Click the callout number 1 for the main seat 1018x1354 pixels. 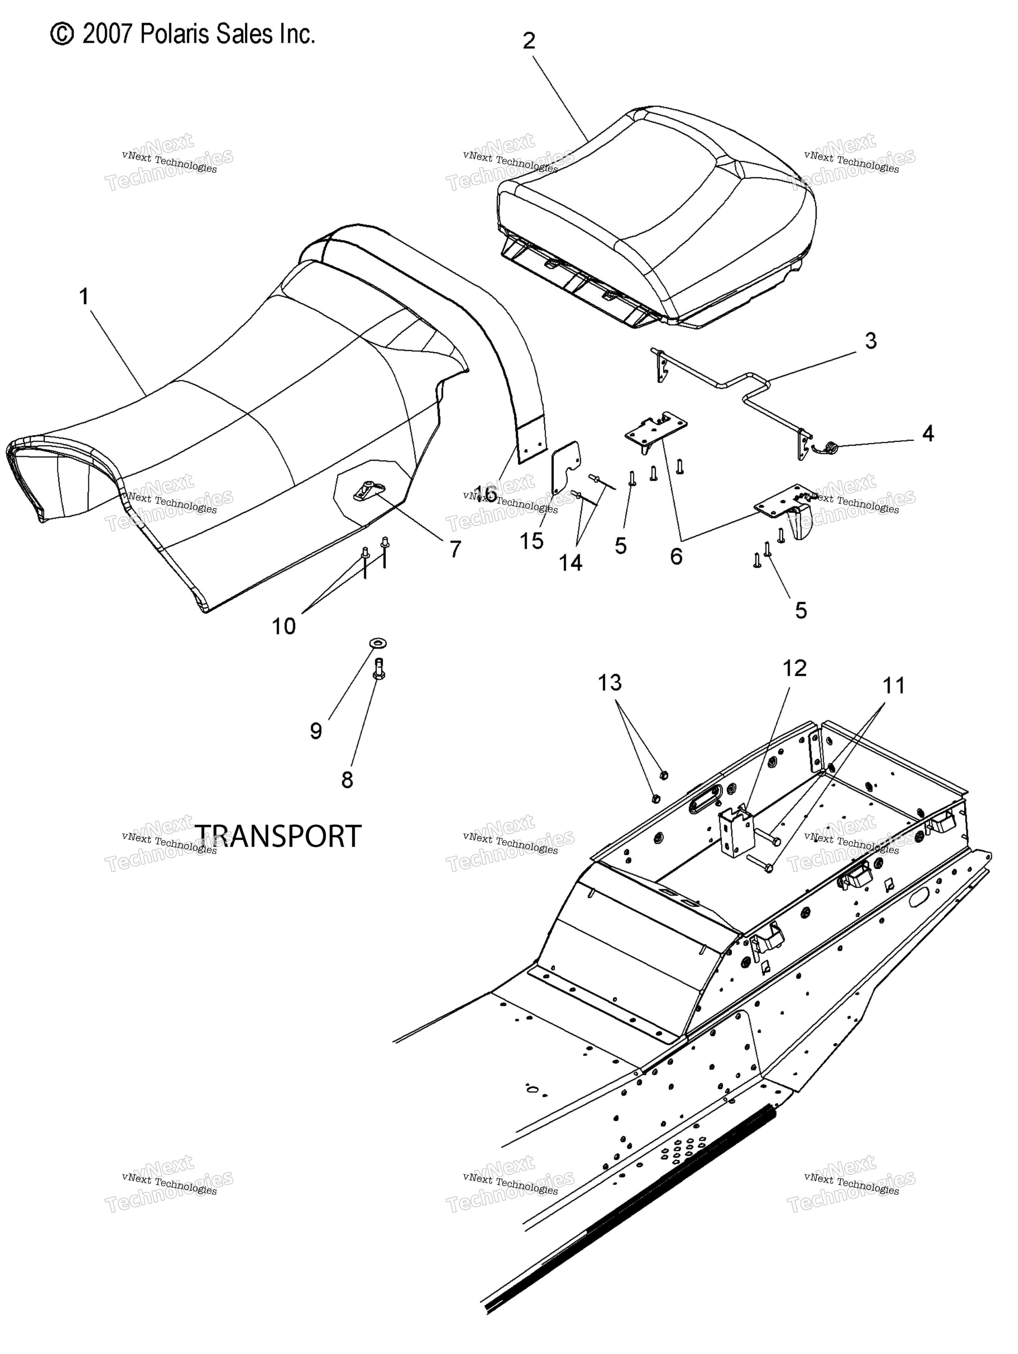coord(85,297)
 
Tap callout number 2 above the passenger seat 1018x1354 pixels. coord(529,41)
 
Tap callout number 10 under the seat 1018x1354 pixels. coord(283,626)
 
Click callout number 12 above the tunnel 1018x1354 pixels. coord(795,668)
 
